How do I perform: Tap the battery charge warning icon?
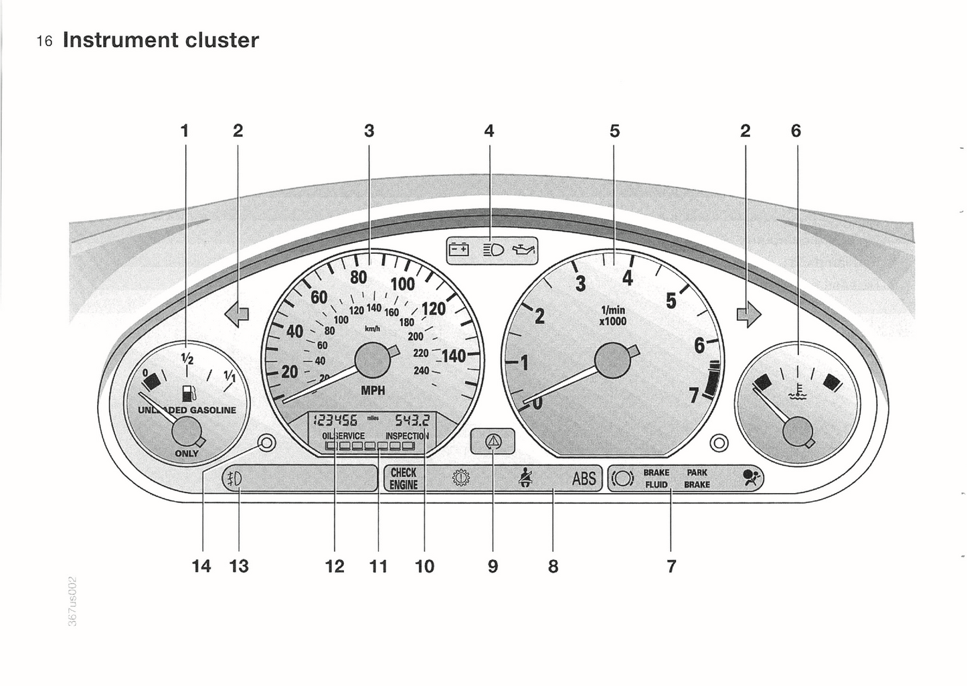point(459,250)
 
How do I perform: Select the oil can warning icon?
point(523,251)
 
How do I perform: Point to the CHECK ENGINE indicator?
point(404,478)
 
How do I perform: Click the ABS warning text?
point(584,478)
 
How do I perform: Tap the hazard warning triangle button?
point(493,441)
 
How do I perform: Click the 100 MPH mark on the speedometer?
point(403,283)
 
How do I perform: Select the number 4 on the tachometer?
point(627,277)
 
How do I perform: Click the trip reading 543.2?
point(412,420)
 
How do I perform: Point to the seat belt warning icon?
point(526,478)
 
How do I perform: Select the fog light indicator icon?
point(234,478)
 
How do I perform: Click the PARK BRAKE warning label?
point(697,478)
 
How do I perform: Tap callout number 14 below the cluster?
point(201,566)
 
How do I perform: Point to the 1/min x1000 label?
point(613,315)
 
